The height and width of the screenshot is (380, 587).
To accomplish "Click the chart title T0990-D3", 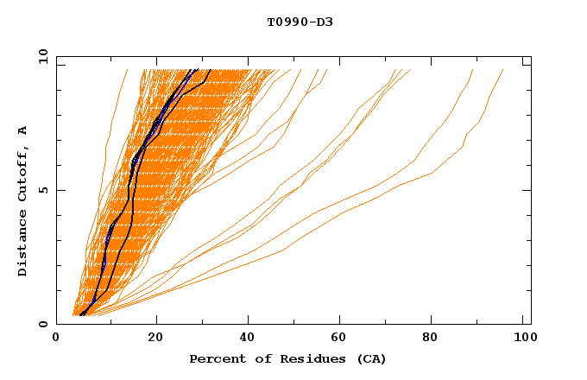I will [300, 22].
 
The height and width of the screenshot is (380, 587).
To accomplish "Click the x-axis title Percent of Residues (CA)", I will [287, 358].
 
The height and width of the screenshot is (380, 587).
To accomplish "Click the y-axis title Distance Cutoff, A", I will [22, 201].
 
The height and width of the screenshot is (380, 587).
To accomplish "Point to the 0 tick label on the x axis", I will [57, 339].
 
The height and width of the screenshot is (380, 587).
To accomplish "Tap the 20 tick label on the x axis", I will [155, 339].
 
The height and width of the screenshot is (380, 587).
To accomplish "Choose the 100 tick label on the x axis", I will [522, 339].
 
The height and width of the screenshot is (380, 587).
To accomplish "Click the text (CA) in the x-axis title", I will [371, 358].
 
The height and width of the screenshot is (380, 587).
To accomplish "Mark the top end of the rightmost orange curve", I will [503, 69].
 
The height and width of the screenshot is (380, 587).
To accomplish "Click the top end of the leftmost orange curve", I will [127, 69].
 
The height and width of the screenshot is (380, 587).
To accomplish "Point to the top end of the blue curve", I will [196, 69].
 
